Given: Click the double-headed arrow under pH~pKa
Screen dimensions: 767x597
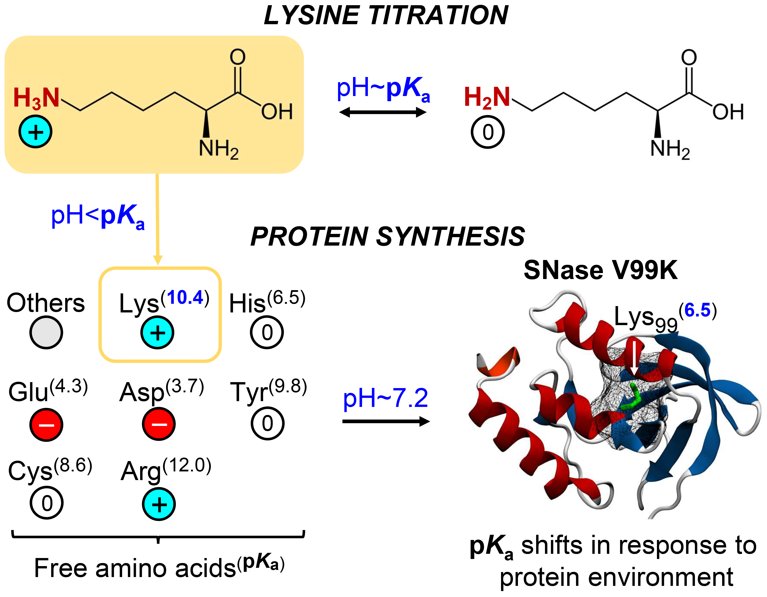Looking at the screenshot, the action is pyautogui.click(x=383, y=113).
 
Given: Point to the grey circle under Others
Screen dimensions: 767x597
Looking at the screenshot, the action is pyautogui.click(x=46, y=332).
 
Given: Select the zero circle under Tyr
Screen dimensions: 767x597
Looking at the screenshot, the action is pyautogui.click(x=267, y=423).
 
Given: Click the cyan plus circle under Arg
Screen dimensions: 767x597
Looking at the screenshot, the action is pyautogui.click(x=159, y=504).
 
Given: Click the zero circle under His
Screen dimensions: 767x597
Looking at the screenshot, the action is pyautogui.click(x=267, y=332).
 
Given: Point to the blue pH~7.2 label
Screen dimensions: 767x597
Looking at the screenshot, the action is pyautogui.click(x=385, y=398).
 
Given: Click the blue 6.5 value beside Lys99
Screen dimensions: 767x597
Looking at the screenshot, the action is pyautogui.click(x=697, y=311).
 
